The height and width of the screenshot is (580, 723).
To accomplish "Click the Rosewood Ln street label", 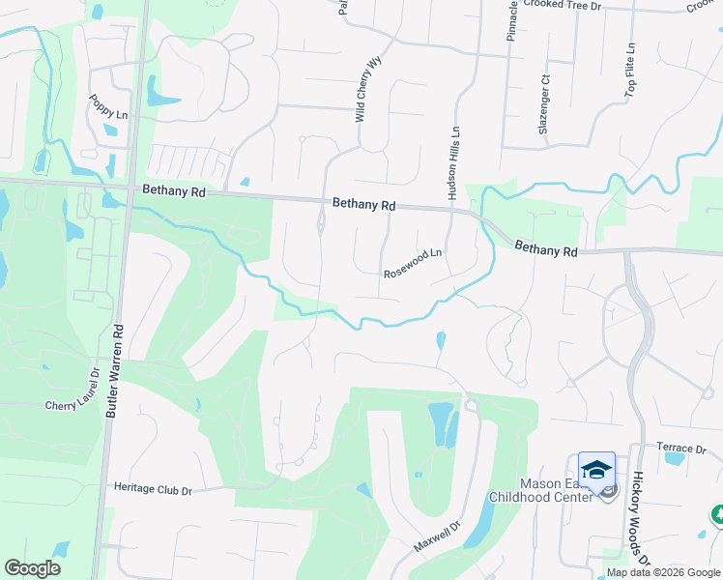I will coord(413,263).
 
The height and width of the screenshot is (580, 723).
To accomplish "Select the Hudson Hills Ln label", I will coord(452,166).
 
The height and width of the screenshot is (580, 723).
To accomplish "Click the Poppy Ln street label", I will coord(108,106).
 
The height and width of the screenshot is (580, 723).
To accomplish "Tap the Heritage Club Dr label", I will coord(153,490).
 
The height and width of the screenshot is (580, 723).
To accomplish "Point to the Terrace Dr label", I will coord(680,449).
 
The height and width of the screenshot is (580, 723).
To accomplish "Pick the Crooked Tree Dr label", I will coord(563,5).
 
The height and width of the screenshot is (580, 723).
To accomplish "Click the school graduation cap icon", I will coord(597,470).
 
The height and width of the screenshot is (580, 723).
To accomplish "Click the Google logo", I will coord(33,568).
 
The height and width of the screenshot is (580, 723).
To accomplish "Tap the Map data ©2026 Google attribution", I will coord(664,572).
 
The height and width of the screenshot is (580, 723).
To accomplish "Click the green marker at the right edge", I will coord(716,514).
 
